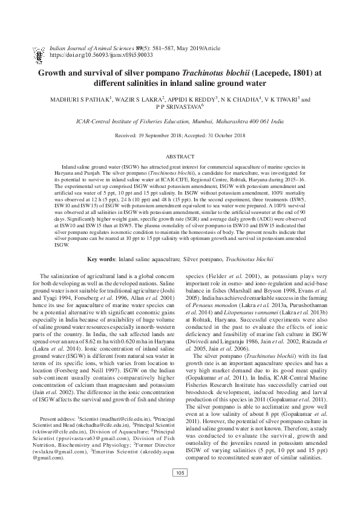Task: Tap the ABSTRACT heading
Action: click(x=180, y=155)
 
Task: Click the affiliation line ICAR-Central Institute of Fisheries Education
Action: click(x=180, y=122)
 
